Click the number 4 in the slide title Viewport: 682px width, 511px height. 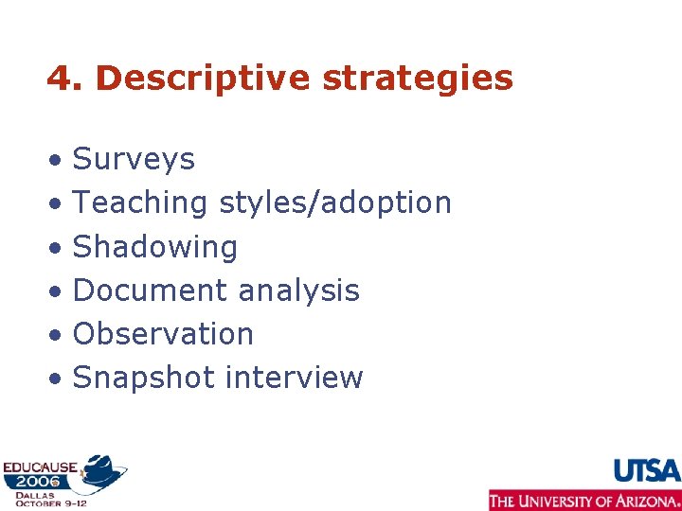(x=59, y=79)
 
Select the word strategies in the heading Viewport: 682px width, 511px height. (x=418, y=79)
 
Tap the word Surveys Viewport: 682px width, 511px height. (x=134, y=159)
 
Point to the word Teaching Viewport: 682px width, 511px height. (x=140, y=203)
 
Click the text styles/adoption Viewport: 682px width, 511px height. (x=335, y=203)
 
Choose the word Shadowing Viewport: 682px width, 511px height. (x=155, y=247)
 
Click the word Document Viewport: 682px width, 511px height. (x=151, y=291)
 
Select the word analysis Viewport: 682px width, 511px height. (x=299, y=291)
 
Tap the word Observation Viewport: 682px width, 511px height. (x=163, y=334)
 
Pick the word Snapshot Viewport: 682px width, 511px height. (x=144, y=378)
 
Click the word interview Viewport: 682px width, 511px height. (x=294, y=378)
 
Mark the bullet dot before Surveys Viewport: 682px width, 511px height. (x=59, y=161)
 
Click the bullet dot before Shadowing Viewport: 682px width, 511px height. (x=59, y=249)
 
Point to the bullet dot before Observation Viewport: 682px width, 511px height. (x=59, y=336)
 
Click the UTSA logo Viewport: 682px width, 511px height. (x=647, y=470)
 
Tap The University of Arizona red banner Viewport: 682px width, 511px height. (x=584, y=501)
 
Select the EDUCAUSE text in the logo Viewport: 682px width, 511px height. (x=41, y=466)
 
